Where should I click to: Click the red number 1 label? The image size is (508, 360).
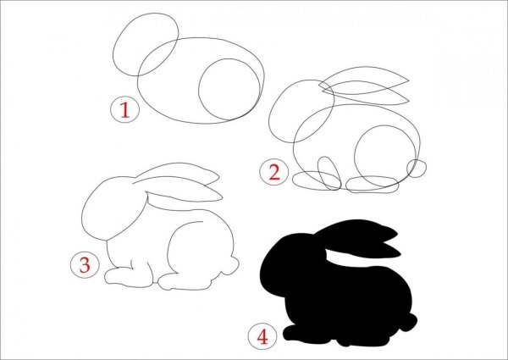point(124,110)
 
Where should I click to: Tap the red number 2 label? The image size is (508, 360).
point(274,173)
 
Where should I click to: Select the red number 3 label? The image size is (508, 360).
point(85,265)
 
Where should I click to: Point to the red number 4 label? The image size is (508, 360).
point(262,336)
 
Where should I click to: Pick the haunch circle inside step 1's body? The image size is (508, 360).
point(199,91)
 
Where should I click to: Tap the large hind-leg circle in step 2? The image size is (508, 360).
point(355,156)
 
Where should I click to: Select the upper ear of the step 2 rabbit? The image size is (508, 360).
point(364,68)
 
